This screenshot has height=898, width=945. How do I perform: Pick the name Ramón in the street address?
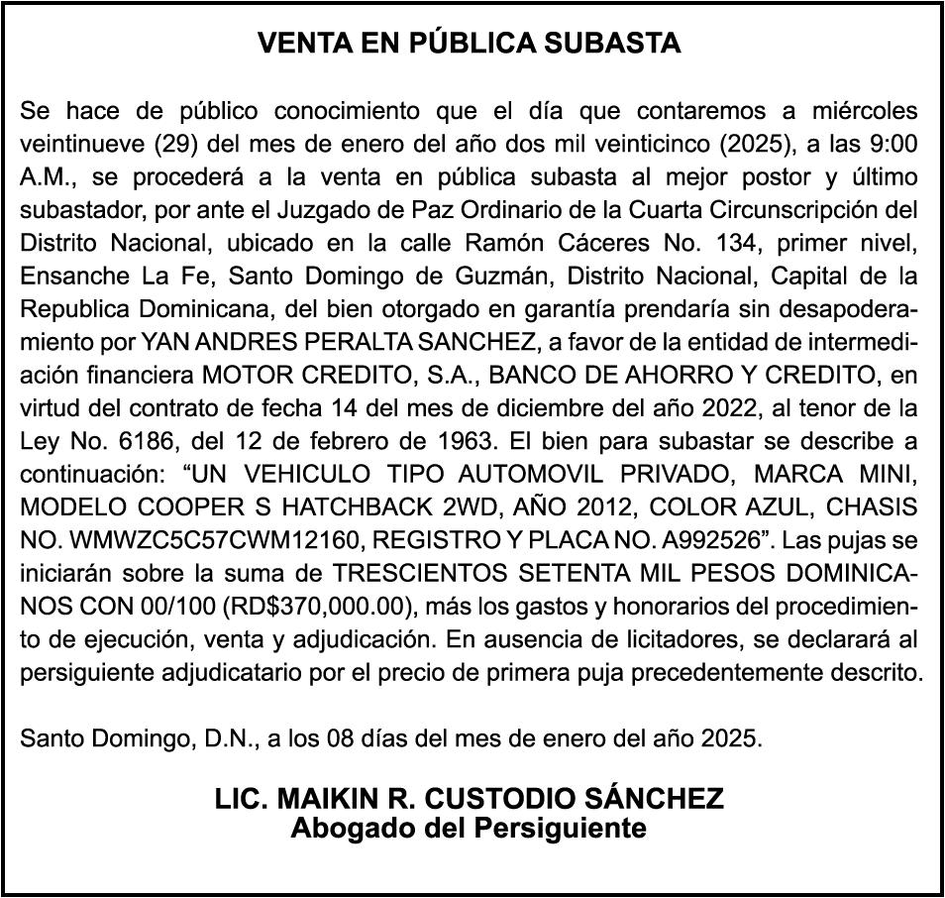point(509,244)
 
